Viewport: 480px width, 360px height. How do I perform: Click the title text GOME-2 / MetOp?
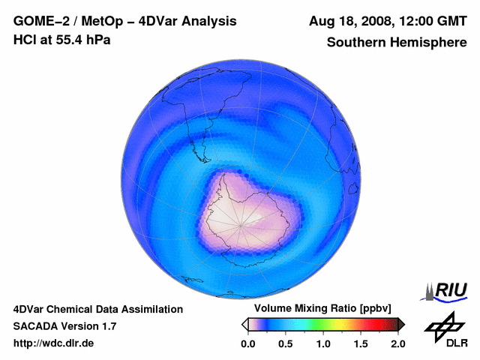coord(63,21)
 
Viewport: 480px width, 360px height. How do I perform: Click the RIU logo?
coord(446,290)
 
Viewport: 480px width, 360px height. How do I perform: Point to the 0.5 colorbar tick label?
coord(286,343)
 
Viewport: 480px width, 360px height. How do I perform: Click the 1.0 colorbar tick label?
coord(323,343)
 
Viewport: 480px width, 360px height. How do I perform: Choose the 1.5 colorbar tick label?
coord(361,343)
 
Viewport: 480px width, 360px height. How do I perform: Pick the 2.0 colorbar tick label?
coord(397,343)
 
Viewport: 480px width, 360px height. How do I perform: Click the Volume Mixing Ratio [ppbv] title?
coord(322,308)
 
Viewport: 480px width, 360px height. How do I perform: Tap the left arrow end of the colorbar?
coord(244,324)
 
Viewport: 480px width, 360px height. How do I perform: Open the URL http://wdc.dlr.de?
coord(54,343)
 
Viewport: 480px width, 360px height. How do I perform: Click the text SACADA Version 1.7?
coord(64,326)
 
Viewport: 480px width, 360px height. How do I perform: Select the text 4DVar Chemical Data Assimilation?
coord(97,309)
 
